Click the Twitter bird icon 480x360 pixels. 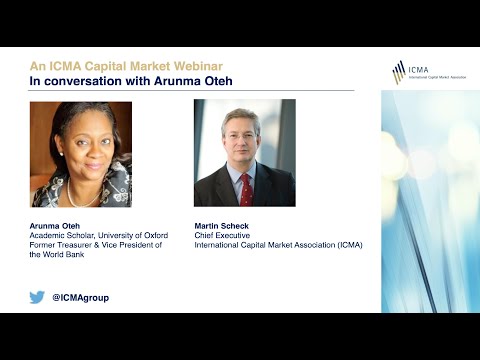point(37,297)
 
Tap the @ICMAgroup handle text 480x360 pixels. point(80,297)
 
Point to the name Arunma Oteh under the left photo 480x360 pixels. point(57,225)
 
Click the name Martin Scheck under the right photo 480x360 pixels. point(222,225)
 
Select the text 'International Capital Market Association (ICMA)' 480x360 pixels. point(278,245)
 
